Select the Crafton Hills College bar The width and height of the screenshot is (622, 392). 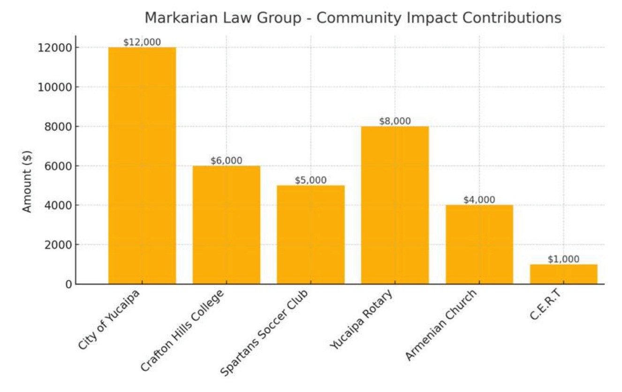(x=227, y=225)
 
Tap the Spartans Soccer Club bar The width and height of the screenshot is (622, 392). (x=311, y=234)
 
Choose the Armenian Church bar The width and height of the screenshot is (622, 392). (x=479, y=244)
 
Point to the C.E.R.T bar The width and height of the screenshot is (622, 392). (x=563, y=274)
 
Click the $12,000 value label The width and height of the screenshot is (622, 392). (x=142, y=42)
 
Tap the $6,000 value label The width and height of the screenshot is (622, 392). (x=227, y=161)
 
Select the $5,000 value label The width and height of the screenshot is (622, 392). (x=311, y=181)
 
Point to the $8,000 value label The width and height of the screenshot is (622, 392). (x=395, y=121)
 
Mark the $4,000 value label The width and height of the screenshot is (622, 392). (x=479, y=200)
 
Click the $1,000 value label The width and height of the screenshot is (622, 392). (x=563, y=259)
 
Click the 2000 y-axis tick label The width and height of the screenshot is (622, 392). (x=55, y=245)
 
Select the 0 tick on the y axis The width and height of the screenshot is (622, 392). (x=68, y=284)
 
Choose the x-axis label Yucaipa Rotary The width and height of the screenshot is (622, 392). (x=362, y=320)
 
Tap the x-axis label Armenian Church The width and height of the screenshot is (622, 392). (x=441, y=325)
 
